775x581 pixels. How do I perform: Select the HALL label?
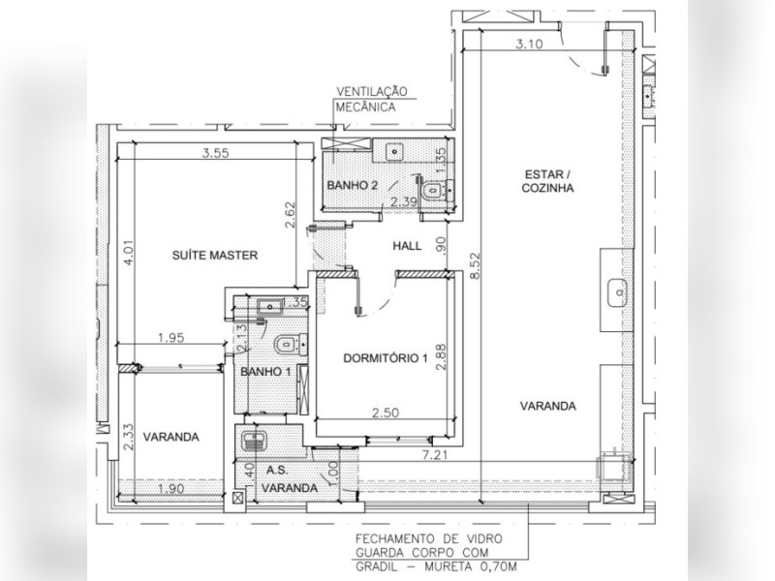407,246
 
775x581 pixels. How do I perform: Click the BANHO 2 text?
352,185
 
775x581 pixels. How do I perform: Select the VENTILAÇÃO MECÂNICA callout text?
372,100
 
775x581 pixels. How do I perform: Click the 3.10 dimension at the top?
529,44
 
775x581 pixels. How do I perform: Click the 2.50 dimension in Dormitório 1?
386,413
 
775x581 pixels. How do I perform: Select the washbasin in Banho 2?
395,151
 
